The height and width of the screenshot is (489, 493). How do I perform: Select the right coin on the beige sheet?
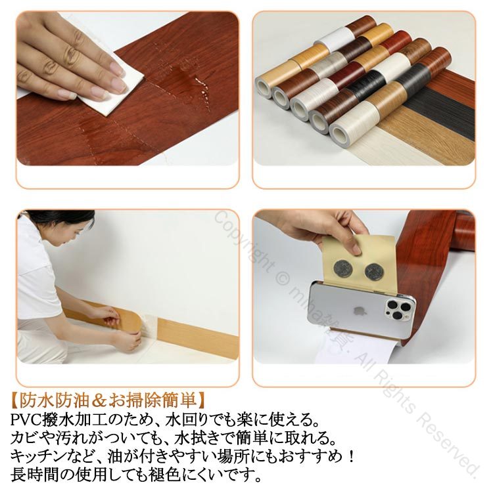373,272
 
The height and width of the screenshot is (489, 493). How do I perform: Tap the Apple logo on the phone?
356,310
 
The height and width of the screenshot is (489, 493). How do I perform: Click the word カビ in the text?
24,438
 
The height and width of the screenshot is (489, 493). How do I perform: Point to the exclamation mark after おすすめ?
351,456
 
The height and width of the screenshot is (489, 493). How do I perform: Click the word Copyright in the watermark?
246,242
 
